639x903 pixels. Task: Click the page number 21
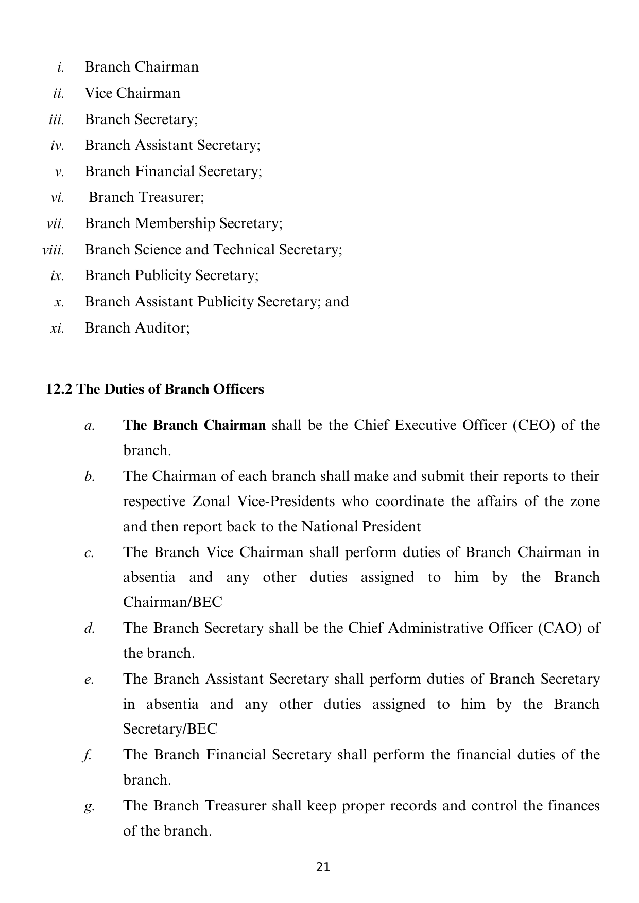pos(323,867)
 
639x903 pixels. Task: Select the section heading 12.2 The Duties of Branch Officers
pos(155,389)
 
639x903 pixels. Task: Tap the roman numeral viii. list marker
pos(53,250)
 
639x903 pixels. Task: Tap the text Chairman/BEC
pos(172,602)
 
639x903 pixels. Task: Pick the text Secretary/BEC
pos(170,729)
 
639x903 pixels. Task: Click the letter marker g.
pos(89,806)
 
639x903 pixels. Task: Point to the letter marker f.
pos(88,755)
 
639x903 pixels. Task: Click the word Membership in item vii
pos(175,223)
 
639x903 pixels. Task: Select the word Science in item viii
pos(158,250)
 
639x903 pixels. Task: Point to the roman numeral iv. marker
pos(57,146)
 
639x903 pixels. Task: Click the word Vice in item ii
pos(98,93)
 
